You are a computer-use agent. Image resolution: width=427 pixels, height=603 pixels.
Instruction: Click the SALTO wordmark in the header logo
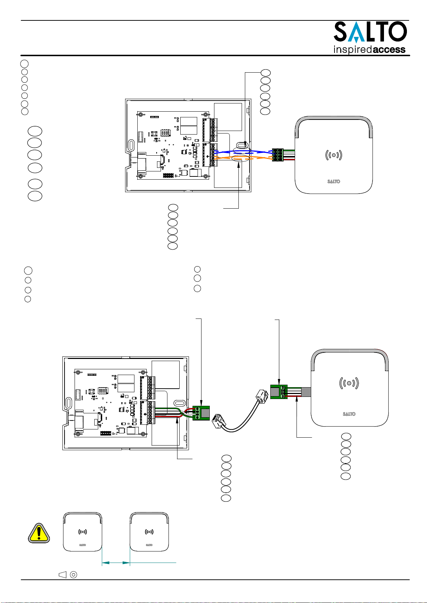[370, 32]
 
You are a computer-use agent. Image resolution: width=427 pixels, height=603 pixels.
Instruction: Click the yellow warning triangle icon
[39, 533]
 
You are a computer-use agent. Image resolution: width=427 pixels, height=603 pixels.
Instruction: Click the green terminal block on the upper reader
[277, 155]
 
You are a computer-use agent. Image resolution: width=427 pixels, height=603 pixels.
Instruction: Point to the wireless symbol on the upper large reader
[334, 155]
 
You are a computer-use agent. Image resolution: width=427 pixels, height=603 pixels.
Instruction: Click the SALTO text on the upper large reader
[334, 181]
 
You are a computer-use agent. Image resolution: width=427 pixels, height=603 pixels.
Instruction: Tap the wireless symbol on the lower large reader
[349, 383]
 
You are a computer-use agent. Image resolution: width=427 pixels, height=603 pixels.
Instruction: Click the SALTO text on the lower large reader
[349, 414]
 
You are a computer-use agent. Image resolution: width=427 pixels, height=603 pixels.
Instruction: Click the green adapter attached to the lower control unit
[201, 413]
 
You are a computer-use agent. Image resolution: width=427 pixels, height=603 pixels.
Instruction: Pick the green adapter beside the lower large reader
[279, 392]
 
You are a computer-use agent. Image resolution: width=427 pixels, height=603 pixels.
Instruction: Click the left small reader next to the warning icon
[82, 532]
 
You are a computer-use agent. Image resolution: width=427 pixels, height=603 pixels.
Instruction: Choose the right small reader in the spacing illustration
[149, 532]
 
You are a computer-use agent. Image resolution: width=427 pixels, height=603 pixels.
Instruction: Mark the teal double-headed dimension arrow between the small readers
[116, 563]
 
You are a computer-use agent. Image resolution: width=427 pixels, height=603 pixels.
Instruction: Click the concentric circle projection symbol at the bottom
[73, 575]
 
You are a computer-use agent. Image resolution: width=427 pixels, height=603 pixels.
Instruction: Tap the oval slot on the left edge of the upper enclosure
[131, 145]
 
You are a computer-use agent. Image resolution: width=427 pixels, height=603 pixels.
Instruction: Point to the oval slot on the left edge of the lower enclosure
[69, 403]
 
